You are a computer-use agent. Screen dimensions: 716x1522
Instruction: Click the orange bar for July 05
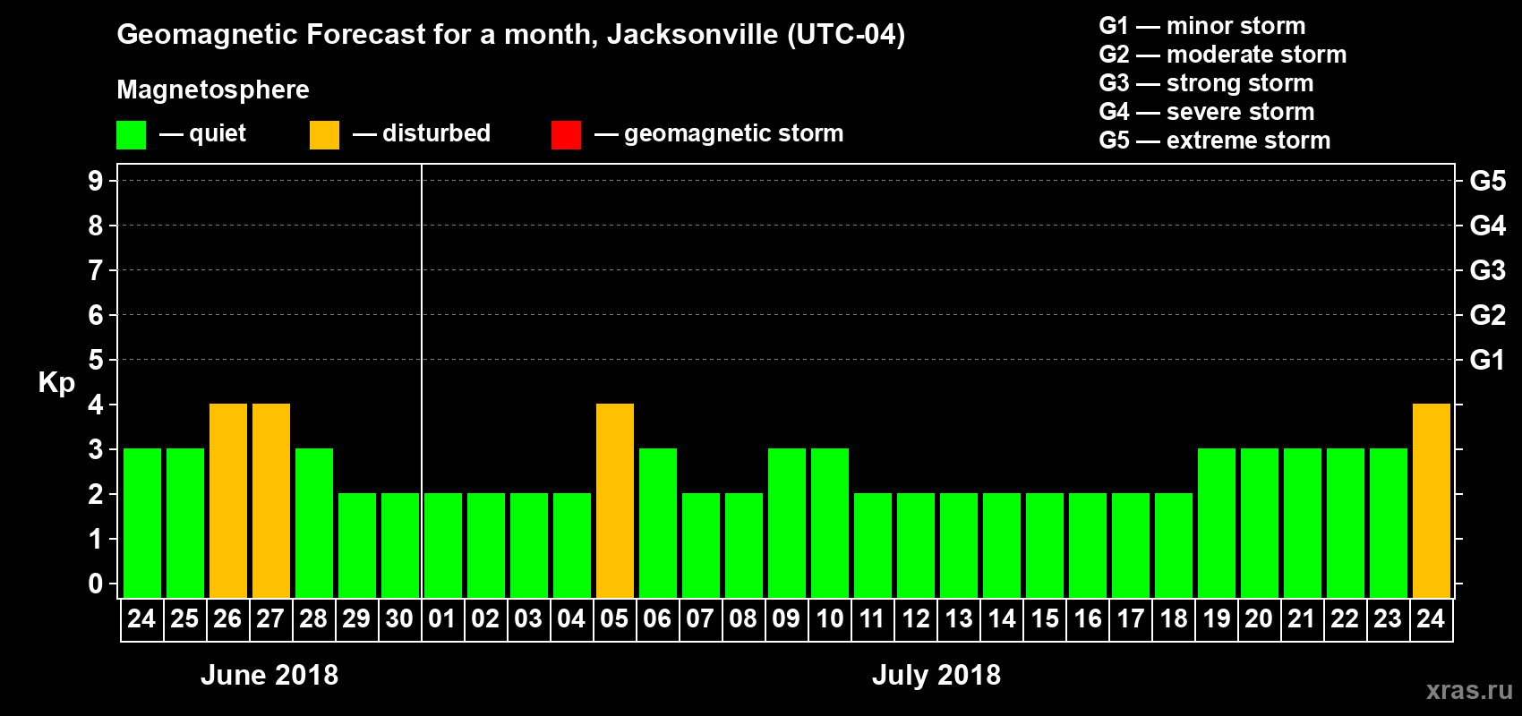(614, 500)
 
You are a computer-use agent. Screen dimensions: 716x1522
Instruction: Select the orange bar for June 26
(227, 500)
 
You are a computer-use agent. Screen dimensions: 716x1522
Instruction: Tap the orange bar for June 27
(270, 500)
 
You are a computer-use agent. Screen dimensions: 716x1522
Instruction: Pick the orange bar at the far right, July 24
(1431, 500)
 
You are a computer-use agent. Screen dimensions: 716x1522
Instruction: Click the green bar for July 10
(829, 523)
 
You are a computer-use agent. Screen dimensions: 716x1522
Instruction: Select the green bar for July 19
(1216, 523)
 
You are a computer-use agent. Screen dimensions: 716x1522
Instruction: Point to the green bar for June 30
(399, 545)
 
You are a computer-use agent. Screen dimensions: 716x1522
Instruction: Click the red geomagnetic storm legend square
(566, 135)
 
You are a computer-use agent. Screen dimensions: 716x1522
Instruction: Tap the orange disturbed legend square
(324, 135)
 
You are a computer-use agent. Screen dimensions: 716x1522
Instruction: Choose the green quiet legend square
(131, 135)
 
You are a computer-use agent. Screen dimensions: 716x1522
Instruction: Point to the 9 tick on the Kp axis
(96, 181)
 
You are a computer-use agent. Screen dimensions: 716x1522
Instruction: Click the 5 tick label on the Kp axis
(96, 360)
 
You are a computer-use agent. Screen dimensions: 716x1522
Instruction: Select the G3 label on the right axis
(1487, 270)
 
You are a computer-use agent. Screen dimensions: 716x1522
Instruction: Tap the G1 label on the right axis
(1487, 360)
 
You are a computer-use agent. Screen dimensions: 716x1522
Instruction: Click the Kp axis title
(56, 383)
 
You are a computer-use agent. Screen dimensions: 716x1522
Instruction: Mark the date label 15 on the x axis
(1044, 618)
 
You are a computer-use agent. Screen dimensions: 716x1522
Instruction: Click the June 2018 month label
(269, 675)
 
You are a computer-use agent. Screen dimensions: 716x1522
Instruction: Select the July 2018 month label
(936, 675)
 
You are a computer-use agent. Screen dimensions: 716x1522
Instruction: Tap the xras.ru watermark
(1469, 690)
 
